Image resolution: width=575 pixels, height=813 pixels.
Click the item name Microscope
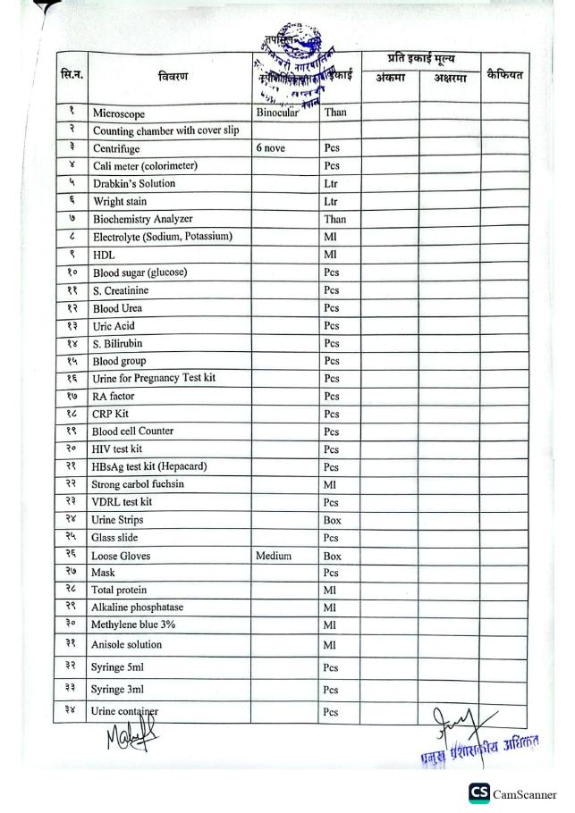tap(119, 114)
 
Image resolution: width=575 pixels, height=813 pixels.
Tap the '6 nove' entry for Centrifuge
tap(271, 148)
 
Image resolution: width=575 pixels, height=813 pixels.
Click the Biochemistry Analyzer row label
tap(143, 219)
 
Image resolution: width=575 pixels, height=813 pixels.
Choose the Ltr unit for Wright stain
tap(331, 202)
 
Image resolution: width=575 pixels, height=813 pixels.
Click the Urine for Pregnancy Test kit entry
tap(154, 378)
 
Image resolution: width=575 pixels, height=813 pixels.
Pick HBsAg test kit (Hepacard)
tap(150, 466)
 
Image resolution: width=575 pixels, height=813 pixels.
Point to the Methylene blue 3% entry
tap(137, 624)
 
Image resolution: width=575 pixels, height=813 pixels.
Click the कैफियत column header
tap(504, 74)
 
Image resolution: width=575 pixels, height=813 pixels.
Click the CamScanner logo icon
tap(479, 793)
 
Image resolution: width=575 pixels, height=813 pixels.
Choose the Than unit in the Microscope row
tap(335, 113)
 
